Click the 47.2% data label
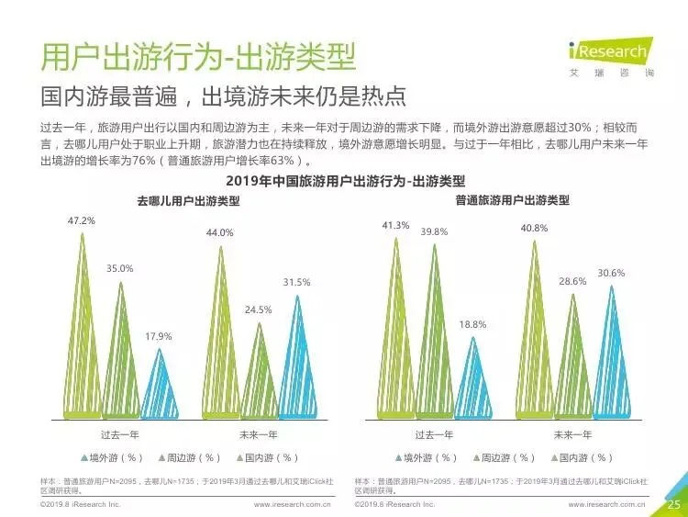(x=81, y=221)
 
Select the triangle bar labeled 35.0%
(x=121, y=352)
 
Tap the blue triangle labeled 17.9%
(x=160, y=385)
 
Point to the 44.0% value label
(x=220, y=233)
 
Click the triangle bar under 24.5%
(x=260, y=372)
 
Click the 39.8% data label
(x=434, y=232)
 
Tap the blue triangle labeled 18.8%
(x=473, y=378)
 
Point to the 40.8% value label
(x=534, y=229)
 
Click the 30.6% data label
(x=611, y=274)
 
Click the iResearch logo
(x=611, y=57)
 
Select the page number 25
(x=673, y=504)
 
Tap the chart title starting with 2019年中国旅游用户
(x=345, y=181)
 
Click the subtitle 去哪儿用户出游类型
(x=188, y=201)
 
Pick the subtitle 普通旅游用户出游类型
(x=512, y=200)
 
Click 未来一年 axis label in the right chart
(x=572, y=435)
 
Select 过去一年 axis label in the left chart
(x=120, y=435)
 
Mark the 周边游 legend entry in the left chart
(x=189, y=457)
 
